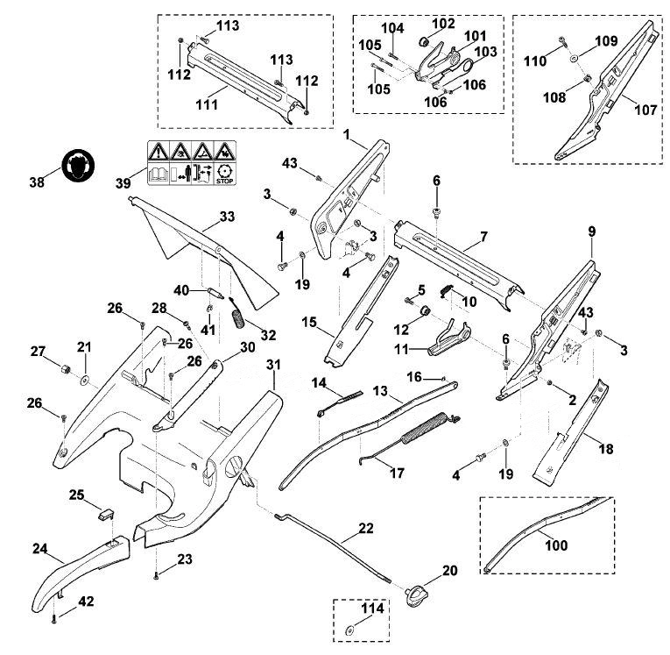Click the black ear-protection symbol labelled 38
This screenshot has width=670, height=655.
78,165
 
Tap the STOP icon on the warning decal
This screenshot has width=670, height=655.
224,174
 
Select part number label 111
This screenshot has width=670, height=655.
207,104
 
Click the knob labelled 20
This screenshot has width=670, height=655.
413,597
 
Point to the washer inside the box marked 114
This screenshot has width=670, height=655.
350,630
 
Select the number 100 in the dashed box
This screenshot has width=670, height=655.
557,545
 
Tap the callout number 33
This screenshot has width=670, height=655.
227,217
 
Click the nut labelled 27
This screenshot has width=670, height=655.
66,368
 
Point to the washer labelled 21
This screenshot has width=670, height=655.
84,379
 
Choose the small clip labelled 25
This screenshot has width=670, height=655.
106,513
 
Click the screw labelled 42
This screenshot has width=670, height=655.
53,619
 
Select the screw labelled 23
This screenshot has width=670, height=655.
156,575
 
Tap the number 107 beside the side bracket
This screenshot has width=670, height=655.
645,110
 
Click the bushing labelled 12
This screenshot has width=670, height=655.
424,310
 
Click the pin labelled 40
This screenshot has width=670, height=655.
215,294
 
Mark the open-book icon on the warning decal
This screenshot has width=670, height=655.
159,174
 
